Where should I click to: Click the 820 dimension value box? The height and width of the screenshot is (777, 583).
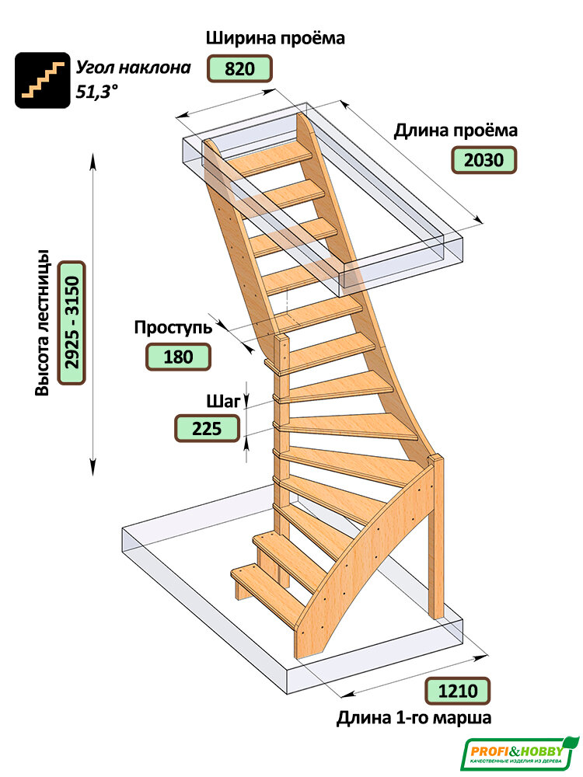pyautogui.click(x=239, y=68)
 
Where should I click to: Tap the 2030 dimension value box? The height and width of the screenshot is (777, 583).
pyautogui.click(x=484, y=160)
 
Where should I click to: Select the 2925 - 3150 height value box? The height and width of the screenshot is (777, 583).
pyautogui.click(x=72, y=322)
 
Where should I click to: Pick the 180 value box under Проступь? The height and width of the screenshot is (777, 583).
pyautogui.click(x=178, y=357)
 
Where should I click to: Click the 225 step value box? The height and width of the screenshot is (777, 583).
pyautogui.click(x=208, y=428)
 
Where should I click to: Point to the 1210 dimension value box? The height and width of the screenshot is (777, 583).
pyautogui.click(x=458, y=691)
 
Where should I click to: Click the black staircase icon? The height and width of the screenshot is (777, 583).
pyautogui.click(x=43, y=80)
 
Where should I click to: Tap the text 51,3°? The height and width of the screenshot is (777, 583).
pyautogui.click(x=97, y=92)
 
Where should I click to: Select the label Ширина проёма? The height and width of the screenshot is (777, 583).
pyautogui.click(x=276, y=39)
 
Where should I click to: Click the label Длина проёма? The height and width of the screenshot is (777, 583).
pyautogui.click(x=456, y=131)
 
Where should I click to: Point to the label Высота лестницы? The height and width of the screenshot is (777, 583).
pyautogui.click(x=43, y=322)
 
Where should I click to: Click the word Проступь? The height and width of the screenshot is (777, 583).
pyautogui.click(x=173, y=328)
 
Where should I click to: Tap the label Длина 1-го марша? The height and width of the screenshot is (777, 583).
pyautogui.click(x=414, y=717)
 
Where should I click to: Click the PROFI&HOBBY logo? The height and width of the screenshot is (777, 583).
pyautogui.click(x=519, y=754)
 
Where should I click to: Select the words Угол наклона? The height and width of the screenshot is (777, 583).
pyautogui.click(x=134, y=68)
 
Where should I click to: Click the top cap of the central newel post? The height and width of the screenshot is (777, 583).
pyautogui.click(x=281, y=338)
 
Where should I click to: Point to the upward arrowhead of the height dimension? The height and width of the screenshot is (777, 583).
pyautogui.click(x=93, y=159)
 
